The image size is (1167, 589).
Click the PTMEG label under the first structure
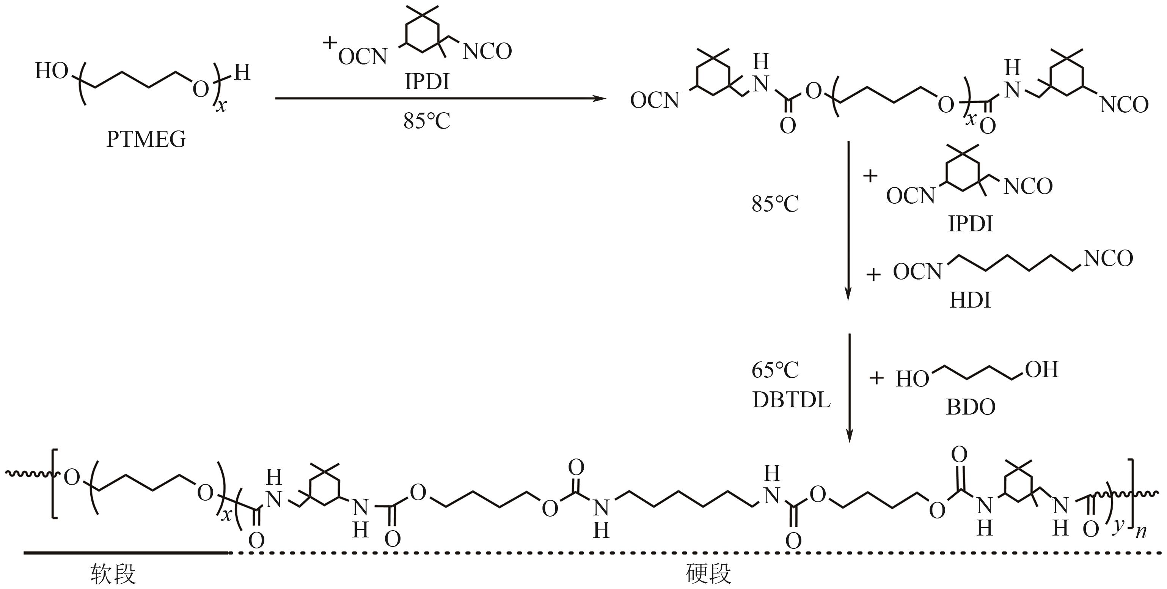point(146,140)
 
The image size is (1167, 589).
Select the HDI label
point(970,300)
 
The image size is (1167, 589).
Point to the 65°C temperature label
point(775,371)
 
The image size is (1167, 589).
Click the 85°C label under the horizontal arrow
point(427,121)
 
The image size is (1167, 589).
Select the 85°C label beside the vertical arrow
point(775,204)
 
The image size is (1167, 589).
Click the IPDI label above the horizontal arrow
point(427,82)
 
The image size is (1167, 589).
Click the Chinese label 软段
point(113,575)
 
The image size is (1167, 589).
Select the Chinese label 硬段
point(708,575)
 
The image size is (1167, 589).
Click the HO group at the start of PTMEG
point(51,71)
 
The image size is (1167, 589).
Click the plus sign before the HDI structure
point(873,275)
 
